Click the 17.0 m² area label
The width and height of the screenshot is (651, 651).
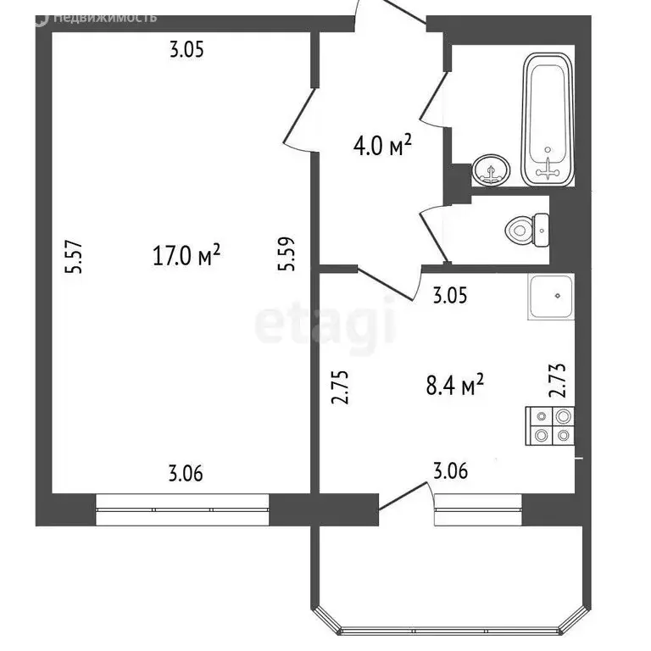(186, 254)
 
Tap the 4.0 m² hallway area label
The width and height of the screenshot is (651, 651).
(382, 147)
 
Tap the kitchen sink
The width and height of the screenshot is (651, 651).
(552, 298)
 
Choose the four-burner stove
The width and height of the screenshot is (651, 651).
(551, 426)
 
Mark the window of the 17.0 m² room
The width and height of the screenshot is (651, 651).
(183, 511)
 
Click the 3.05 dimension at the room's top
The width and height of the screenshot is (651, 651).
(186, 50)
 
